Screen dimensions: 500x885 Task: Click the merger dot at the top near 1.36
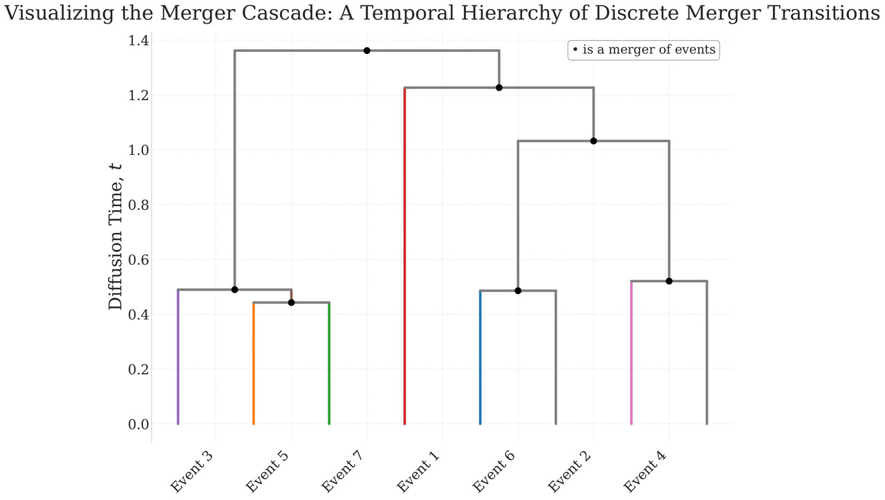coord(366,50)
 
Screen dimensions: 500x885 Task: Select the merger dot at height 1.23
coord(499,88)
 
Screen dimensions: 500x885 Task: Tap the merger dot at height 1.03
coord(593,141)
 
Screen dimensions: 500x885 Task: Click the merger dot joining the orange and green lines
coord(291,302)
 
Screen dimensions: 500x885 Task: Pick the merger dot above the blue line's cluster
coord(518,290)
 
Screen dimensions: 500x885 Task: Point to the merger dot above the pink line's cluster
coord(669,281)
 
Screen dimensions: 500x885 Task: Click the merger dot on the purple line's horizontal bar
coord(234,290)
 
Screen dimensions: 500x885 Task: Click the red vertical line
coord(404,256)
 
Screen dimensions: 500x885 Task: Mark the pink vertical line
coord(631,353)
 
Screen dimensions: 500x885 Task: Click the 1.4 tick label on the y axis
coord(138,41)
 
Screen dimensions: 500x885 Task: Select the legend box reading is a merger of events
coord(644,50)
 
